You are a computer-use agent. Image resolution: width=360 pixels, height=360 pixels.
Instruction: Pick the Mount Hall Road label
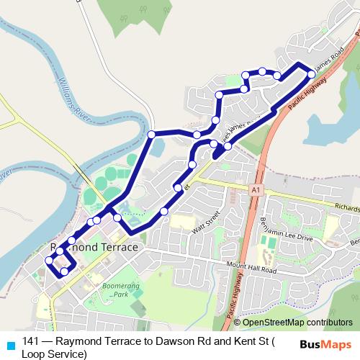click(251, 268)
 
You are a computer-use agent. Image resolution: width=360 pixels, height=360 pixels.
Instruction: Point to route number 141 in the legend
click(30, 342)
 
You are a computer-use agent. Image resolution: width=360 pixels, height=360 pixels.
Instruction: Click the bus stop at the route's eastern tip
click(311, 74)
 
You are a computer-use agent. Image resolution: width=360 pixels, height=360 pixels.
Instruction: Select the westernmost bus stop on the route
click(49, 261)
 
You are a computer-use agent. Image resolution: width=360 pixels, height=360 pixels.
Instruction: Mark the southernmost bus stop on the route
click(64, 271)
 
